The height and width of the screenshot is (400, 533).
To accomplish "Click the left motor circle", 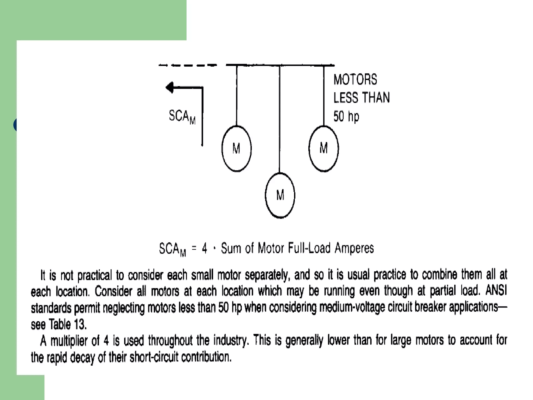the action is click(x=236, y=149).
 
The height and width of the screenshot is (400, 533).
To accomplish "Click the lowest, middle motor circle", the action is click(x=280, y=195).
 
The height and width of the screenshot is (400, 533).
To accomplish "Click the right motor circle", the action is click(x=323, y=148).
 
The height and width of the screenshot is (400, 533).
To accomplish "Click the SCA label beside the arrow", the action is click(x=182, y=116).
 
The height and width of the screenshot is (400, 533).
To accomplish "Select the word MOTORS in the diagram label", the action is click(x=355, y=79).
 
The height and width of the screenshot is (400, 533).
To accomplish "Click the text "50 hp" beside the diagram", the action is click(x=346, y=116).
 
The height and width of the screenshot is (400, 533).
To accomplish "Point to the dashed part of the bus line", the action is click(x=187, y=65).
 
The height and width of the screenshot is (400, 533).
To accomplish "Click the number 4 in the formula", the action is click(x=205, y=248).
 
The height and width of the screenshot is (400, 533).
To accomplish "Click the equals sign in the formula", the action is click(x=194, y=248).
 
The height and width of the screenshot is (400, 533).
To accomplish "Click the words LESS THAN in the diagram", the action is click(x=361, y=98).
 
